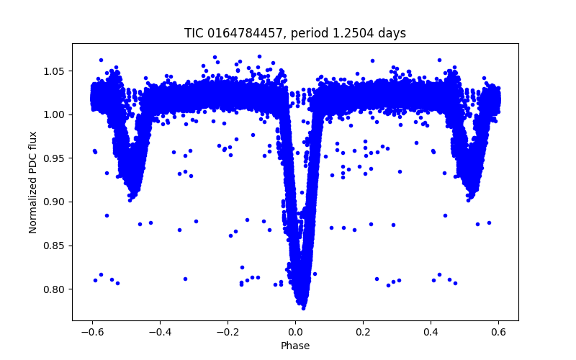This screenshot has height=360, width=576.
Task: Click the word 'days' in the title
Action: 391,33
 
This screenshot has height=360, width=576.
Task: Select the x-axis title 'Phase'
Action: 295,346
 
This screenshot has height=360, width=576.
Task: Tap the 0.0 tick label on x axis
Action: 295,332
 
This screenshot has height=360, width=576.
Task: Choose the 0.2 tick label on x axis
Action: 363,332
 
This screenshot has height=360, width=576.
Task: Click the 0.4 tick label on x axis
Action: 431,332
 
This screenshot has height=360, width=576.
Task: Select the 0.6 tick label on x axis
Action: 498,332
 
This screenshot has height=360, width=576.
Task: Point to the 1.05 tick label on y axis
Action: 55,71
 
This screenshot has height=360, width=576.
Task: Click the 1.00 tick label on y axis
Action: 55,114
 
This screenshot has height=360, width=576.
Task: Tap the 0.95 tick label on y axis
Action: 55,158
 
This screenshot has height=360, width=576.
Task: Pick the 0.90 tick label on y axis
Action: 55,202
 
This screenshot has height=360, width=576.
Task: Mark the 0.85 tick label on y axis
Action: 55,246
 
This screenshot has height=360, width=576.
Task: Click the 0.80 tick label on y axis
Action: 55,289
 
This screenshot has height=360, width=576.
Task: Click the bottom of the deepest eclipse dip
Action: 303,307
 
